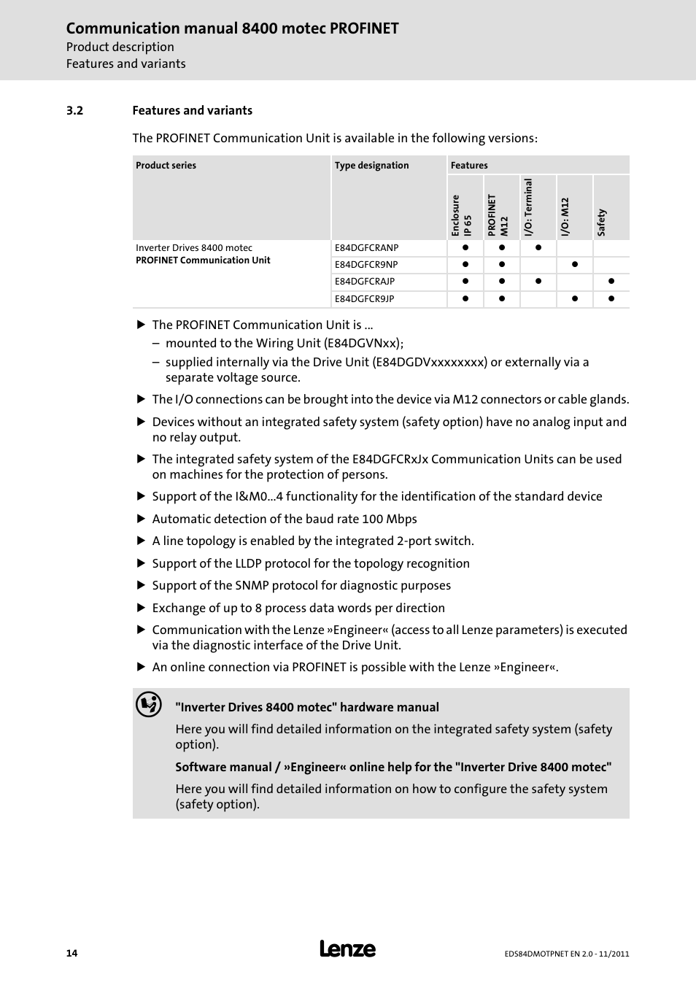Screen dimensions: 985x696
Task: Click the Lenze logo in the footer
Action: click(x=347, y=949)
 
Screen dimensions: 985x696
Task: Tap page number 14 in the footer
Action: click(x=71, y=953)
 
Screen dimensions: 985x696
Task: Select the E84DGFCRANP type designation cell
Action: click(x=366, y=248)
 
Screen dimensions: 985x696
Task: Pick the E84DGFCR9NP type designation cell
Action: click(x=366, y=265)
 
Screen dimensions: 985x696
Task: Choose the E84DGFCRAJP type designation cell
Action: click(x=365, y=282)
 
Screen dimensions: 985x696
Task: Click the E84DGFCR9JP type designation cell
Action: click(x=364, y=298)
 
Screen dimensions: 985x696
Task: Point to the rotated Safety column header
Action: click(x=602, y=222)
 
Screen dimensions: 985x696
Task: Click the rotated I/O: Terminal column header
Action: click(x=528, y=208)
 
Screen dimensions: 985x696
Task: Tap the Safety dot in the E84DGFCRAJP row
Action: click(x=611, y=282)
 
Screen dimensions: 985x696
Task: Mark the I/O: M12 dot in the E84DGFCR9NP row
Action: click(x=575, y=265)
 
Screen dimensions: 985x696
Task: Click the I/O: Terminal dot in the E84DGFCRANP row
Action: click(x=538, y=248)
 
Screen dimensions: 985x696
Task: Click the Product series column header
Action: click(x=166, y=166)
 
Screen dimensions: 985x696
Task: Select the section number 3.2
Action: click(x=74, y=111)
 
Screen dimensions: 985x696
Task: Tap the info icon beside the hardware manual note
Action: click(x=149, y=705)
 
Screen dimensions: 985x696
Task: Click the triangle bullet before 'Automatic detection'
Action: click(x=142, y=519)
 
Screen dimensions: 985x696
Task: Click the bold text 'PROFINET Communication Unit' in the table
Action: click(x=203, y=260)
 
